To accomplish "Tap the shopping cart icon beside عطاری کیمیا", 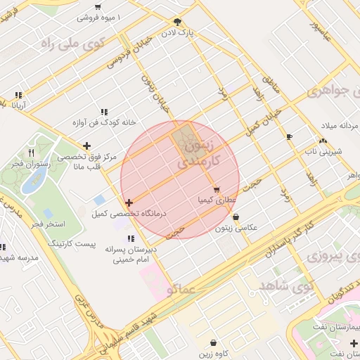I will pos(216,189).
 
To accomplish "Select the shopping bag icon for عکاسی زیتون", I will pos(235,217).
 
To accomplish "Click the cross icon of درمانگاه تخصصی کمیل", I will pos(129,202).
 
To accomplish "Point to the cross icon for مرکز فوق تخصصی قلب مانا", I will pos(86,146).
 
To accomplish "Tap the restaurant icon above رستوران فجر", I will pos(31,152).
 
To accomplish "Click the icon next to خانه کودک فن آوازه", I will pos(104,111).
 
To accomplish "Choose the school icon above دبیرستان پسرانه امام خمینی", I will pos(130,238).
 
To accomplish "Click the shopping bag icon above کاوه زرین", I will pos(213,342).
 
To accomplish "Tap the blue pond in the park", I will pos(32,181).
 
